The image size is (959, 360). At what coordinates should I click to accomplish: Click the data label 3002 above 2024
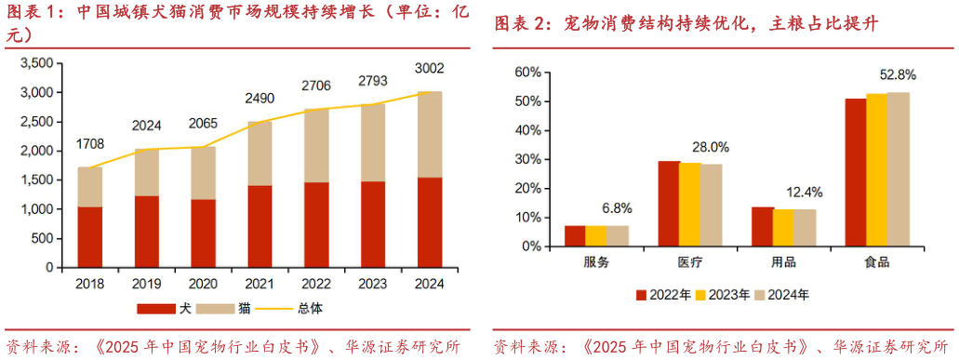(429, 68)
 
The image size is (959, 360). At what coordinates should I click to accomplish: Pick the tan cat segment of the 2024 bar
(429, 134)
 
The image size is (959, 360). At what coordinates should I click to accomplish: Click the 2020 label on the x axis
(204, 283)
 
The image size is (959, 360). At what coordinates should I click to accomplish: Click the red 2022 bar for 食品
(855, 172)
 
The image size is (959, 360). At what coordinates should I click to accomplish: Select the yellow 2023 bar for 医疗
(689, 205)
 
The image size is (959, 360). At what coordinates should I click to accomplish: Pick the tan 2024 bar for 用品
(805, 228)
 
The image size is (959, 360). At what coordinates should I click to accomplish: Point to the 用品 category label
(783, 262)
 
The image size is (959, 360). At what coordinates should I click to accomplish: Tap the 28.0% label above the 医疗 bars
(711, 146)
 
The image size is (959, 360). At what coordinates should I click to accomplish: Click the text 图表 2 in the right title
(519, 23)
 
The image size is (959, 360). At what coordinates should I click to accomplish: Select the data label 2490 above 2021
(261, 98)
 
